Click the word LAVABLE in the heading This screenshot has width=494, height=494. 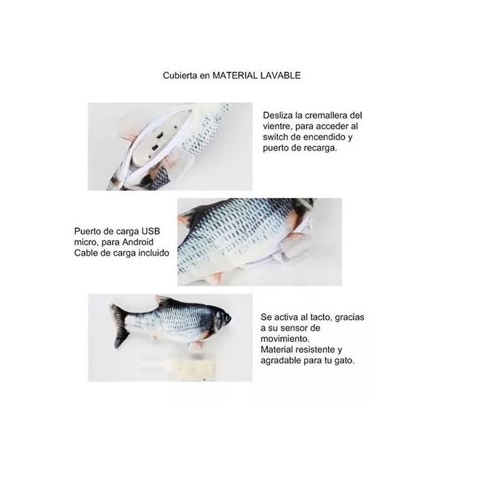coord(280,76)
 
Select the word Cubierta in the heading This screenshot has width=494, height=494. coord(180,76)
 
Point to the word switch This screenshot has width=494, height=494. coord(276,137)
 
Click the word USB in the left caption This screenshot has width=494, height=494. coord(151,231)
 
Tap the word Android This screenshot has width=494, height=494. coord(138,242)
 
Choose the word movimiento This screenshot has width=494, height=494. coord(285,339)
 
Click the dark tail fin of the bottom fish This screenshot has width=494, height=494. coord(120,326)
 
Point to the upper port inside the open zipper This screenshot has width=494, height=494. coord(160,136)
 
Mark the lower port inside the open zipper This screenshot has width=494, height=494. coord(155,147)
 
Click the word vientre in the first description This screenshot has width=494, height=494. coord(277,127)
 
